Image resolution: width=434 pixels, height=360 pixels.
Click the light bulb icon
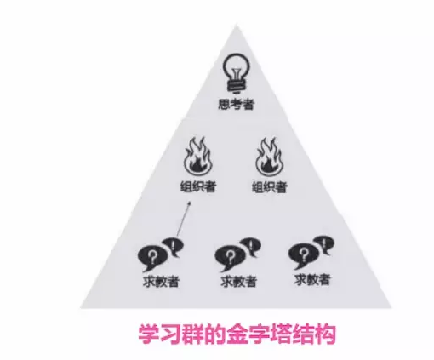[x=237, y=73]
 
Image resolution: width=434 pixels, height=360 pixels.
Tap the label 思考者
[x=236, y=104]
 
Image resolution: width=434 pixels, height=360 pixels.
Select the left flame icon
[x=197, y=157]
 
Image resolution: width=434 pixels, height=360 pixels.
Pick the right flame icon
[x=269, y=157]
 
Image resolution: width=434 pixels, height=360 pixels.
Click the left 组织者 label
[x=198, y=187]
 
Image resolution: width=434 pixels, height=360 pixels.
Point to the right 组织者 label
[x=270, y=187]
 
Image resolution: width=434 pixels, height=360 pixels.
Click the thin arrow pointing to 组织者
[x=184, y=219]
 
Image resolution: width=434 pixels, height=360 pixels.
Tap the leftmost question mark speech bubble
[x=151, y=258]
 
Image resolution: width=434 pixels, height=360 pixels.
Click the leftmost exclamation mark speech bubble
[x=173, y=246]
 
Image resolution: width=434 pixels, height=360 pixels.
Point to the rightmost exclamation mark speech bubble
[x=323, y=244]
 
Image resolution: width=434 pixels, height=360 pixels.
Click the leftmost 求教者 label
[x=161, y=282]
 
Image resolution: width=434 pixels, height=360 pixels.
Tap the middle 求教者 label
[x=238, y=282]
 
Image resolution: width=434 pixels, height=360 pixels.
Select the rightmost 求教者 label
[x=312, y=279]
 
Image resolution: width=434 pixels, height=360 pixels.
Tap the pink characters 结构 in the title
[x=315, y=334]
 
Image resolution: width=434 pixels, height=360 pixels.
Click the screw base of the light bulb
[x=236, y=86]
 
